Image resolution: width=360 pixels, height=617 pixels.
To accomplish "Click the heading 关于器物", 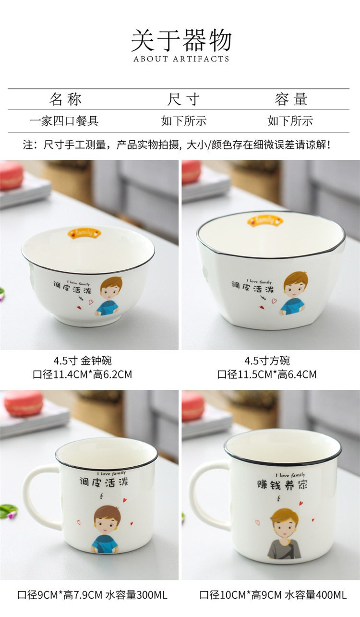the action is (181, 40).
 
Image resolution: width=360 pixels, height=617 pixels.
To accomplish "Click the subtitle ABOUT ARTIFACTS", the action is (181, 59).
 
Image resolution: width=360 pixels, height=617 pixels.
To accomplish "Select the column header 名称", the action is (65, 99).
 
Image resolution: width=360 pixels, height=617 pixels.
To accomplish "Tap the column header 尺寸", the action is (183, 99).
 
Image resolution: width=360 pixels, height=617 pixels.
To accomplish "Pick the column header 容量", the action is (291, 99).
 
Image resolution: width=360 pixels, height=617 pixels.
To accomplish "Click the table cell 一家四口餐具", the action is (64, 121).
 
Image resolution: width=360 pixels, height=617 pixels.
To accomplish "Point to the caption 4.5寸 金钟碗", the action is (83, 360).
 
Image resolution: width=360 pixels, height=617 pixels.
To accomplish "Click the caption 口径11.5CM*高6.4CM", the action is (266, 375).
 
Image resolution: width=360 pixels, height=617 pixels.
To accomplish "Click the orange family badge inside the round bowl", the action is (84, 233).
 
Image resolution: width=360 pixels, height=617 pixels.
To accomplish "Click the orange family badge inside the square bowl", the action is (265, 221).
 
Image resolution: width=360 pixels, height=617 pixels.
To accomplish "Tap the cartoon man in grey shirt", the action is (284, 533).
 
